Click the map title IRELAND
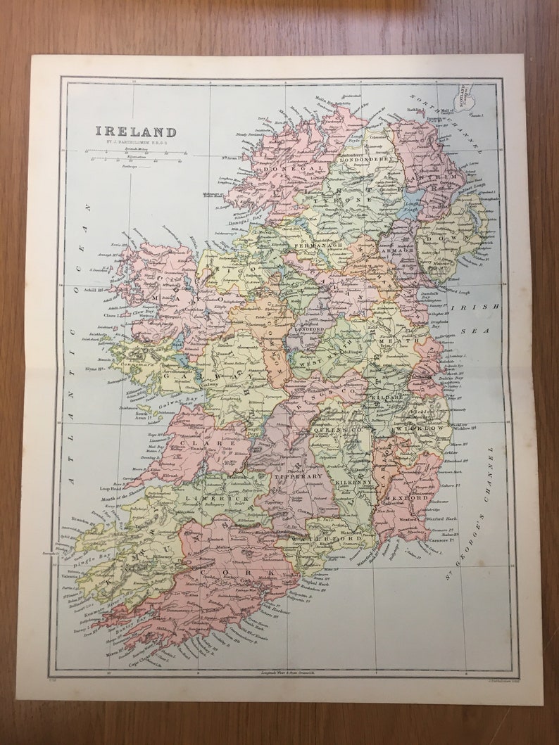tap(136, 132)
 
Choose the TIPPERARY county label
tap(303, 476)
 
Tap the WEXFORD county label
tap(404, 497)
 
